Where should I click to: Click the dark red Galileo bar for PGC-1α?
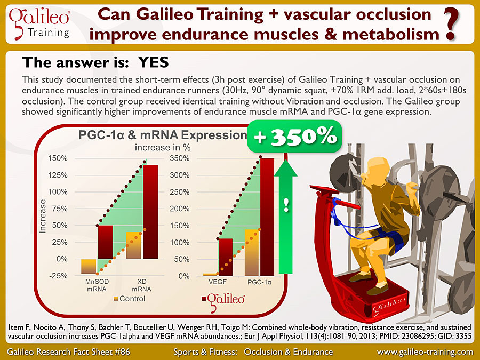tap(267, 217)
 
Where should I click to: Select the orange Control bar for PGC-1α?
tap(252, 253)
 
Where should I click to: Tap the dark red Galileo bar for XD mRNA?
tap(150, 212)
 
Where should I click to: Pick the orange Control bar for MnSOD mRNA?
tap(89, 266)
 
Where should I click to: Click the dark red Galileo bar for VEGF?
tap(226, 257)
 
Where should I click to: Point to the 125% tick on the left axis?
tap(58, 175)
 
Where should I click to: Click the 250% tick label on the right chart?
tap(180, 192)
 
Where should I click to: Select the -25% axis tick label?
tap(58, 276)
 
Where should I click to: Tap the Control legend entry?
tap(129, 299)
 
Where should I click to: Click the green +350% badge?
tap(294, 137)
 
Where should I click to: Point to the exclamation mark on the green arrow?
tap(286, 205)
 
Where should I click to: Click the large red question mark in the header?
tap(452, 24)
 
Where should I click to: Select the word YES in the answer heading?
tap(154, 62)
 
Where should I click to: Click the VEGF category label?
tap(218, 282)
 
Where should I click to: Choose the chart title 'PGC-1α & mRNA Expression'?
tap(163, 135)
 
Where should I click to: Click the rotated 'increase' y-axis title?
tap(43, 216)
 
